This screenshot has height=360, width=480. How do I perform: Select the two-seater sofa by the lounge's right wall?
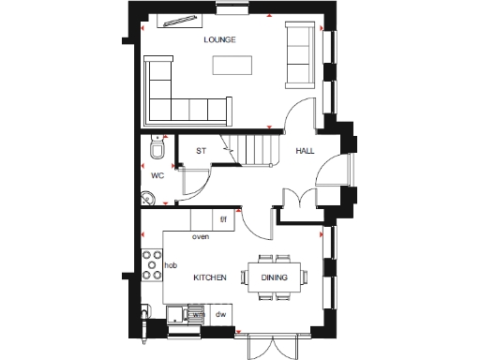300,56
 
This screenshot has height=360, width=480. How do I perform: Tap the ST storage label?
201,150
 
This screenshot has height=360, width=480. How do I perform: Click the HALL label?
306,151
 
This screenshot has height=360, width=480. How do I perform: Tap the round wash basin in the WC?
150,197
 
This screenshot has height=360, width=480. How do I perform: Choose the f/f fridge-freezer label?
223,220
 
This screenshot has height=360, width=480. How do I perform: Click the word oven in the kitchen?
200,237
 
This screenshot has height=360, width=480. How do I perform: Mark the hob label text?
170,266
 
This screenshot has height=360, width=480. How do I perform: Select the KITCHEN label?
210,278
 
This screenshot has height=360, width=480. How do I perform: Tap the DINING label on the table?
275,278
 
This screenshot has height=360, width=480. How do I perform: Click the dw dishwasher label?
222,316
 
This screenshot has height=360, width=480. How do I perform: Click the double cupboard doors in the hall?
297,201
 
